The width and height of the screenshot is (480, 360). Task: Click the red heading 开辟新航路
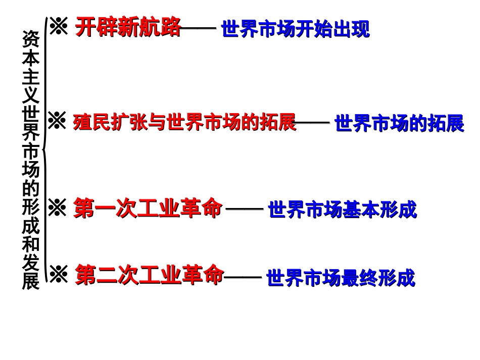[128, 28]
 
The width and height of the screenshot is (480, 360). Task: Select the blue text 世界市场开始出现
[296, 29]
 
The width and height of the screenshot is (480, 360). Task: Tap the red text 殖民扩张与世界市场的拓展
[184, 123]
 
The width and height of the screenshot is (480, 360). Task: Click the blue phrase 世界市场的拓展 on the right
[399, 124]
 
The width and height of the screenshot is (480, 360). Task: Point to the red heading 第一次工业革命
[148, 208]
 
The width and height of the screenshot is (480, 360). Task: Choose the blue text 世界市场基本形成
[342, 210]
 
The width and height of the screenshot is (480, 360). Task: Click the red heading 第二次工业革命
[149, 276]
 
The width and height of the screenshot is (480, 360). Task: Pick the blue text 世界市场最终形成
[341, 278]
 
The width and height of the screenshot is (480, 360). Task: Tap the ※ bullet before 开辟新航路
[59, 27]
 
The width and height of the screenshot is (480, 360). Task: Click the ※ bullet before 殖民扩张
[57, 122]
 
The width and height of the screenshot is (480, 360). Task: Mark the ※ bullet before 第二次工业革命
[58, 275]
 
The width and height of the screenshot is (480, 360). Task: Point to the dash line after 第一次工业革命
[244, 209]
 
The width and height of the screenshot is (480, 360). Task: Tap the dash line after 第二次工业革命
[243, 277]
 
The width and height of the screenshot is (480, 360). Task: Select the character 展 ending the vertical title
[30, 281]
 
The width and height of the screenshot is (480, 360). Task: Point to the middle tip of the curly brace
[43, 150]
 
